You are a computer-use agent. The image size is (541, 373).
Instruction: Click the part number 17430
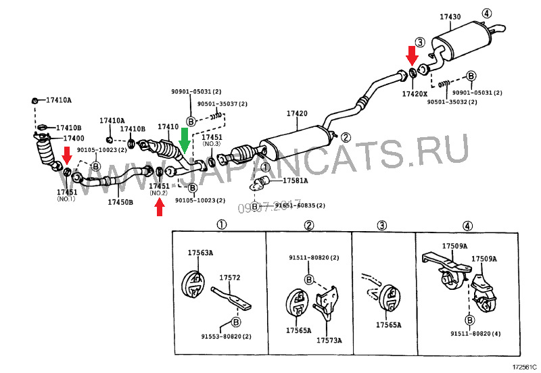450,16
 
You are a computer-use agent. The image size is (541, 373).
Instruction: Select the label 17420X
415,93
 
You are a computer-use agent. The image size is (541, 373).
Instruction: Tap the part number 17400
55,138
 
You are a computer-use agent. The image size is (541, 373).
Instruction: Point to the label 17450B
120,201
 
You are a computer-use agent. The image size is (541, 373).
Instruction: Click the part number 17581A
295,180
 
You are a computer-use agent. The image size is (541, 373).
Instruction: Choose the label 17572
229,277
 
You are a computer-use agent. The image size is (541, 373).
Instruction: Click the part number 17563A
200,253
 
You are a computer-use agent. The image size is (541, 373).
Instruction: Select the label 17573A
329,340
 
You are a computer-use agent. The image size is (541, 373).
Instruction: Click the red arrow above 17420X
412,53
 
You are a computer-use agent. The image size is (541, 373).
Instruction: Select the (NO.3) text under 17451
212,144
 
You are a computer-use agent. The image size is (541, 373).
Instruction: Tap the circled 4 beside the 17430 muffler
488,13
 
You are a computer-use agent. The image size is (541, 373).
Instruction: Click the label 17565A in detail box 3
389,325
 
